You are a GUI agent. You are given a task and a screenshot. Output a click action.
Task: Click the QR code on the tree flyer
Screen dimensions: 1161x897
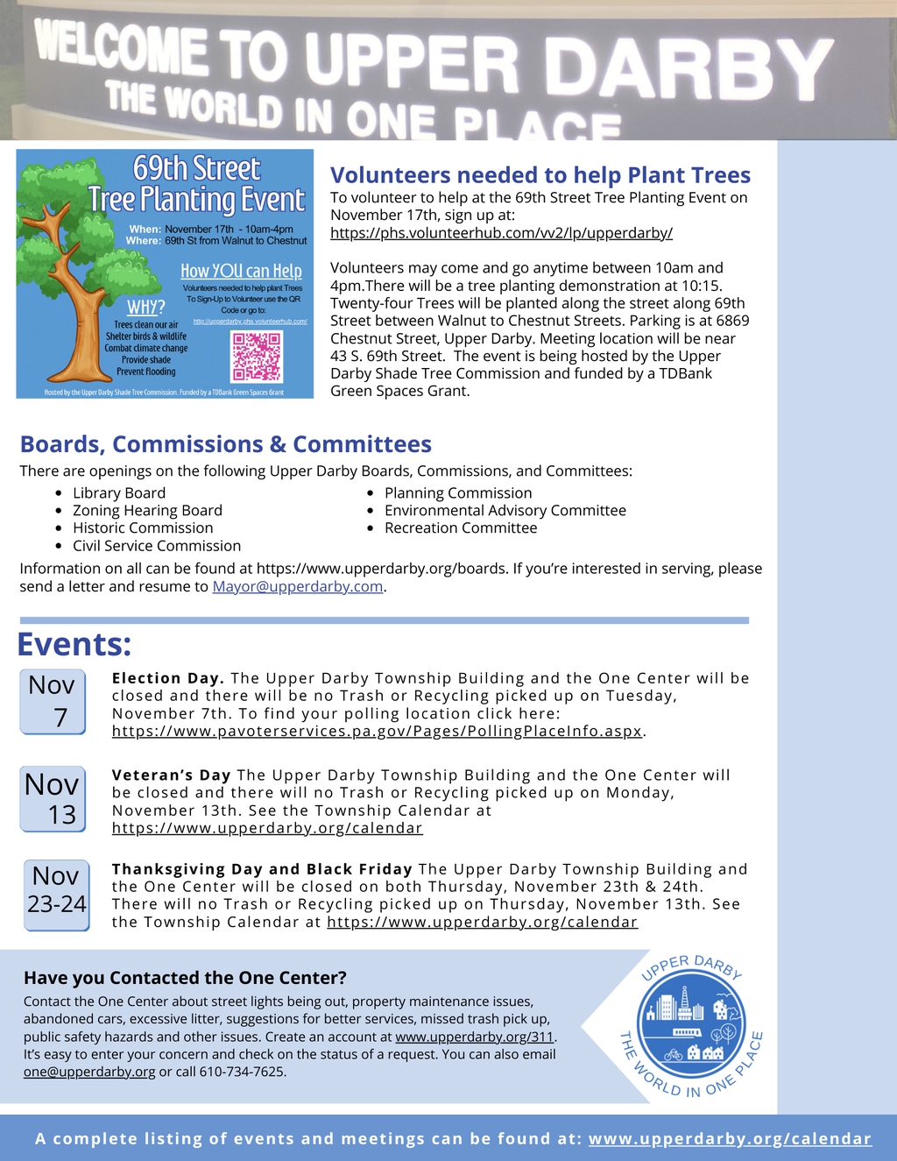pos(257,356)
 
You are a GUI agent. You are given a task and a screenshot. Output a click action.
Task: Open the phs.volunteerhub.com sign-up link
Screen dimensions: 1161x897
pos(501,233)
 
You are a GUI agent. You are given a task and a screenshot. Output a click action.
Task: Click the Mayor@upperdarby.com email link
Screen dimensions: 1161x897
pos(298,587)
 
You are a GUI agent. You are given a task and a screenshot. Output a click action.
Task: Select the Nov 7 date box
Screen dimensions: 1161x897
pos(53,701)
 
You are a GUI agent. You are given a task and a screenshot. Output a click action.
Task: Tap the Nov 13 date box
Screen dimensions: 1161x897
pos(53,798)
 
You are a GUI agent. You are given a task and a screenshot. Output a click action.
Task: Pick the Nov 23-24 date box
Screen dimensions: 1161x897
pos(56,894)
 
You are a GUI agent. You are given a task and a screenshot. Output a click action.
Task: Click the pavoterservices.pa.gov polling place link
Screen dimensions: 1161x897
pos(377,731)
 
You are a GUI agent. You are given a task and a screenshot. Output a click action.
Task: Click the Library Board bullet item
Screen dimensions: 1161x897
pos(119,493)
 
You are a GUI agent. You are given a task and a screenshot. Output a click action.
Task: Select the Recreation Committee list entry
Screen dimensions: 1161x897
pos(461,528)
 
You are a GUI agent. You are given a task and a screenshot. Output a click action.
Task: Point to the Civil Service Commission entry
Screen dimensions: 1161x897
pos(157,546)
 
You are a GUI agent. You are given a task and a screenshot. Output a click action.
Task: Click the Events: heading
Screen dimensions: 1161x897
pos(74,645)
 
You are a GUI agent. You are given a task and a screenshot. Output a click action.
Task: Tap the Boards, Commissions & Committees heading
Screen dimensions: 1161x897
pos(226,444)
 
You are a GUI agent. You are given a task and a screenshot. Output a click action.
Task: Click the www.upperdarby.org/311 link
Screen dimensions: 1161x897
pos(474,1037)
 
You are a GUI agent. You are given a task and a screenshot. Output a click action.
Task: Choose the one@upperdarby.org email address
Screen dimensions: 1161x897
pos(89,1072)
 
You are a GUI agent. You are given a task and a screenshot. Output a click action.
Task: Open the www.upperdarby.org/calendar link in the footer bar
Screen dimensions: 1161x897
pos(730,1139)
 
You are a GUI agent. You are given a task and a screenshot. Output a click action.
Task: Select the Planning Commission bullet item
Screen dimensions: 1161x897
pos(458,493)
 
